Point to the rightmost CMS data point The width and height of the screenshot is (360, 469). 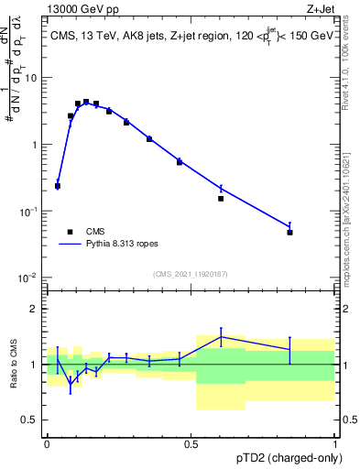pos(289,233)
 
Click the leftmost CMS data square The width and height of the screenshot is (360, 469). pos(58,186)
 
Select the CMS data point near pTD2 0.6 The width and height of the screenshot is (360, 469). pos(221,198)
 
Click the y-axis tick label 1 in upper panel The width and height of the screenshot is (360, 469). pos(34,145)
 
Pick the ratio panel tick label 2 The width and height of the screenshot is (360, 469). pos(34,309)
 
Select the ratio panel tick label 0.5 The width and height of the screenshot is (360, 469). pos(30,420)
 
